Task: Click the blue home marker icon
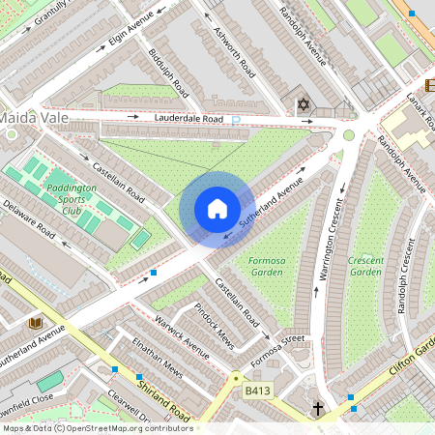point(217,209)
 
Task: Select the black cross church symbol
point(318,409)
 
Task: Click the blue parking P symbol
point(235,121)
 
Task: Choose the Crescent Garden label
point(366,267)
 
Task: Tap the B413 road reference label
point(257,391)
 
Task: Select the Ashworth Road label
point(235,53)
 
